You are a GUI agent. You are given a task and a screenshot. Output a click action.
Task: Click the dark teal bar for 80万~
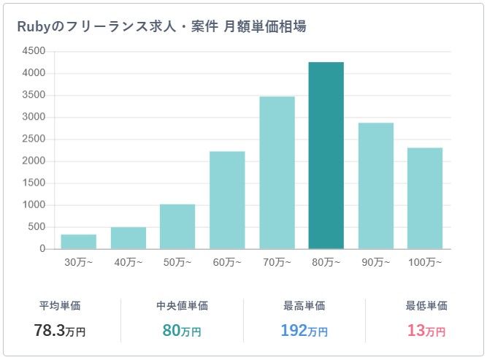[326, 156]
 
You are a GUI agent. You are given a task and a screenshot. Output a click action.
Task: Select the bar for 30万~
[78, 242]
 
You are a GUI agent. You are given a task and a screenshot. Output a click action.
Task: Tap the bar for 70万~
[277, 172]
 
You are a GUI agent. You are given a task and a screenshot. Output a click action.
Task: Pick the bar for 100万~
[425, 199]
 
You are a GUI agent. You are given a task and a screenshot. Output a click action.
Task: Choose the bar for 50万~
[177, 226]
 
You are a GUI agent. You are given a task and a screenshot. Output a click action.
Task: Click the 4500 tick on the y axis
[34, 51]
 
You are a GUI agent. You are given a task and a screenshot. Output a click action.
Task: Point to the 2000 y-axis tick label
[34, 161]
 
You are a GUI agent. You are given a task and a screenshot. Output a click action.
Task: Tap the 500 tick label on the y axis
[37, 227]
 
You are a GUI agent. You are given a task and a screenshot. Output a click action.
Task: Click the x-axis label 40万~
[128, 261]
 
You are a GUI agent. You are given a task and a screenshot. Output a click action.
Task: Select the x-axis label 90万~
[375, 261]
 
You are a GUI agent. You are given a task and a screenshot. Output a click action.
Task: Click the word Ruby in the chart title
[33, 26]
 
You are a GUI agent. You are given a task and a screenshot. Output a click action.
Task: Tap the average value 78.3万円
[60, 330]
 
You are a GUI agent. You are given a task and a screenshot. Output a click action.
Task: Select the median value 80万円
[182, 330]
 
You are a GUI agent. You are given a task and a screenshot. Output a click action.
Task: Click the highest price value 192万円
[304, 330]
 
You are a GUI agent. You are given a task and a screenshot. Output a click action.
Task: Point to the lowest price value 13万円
[426, 330]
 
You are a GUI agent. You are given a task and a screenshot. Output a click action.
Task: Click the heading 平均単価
[60, 306]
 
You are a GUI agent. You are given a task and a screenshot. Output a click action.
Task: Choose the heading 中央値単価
[182, 306]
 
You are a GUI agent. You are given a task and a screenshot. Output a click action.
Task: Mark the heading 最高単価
[304, 306]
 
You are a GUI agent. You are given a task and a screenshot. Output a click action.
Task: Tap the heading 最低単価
[426, 306]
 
